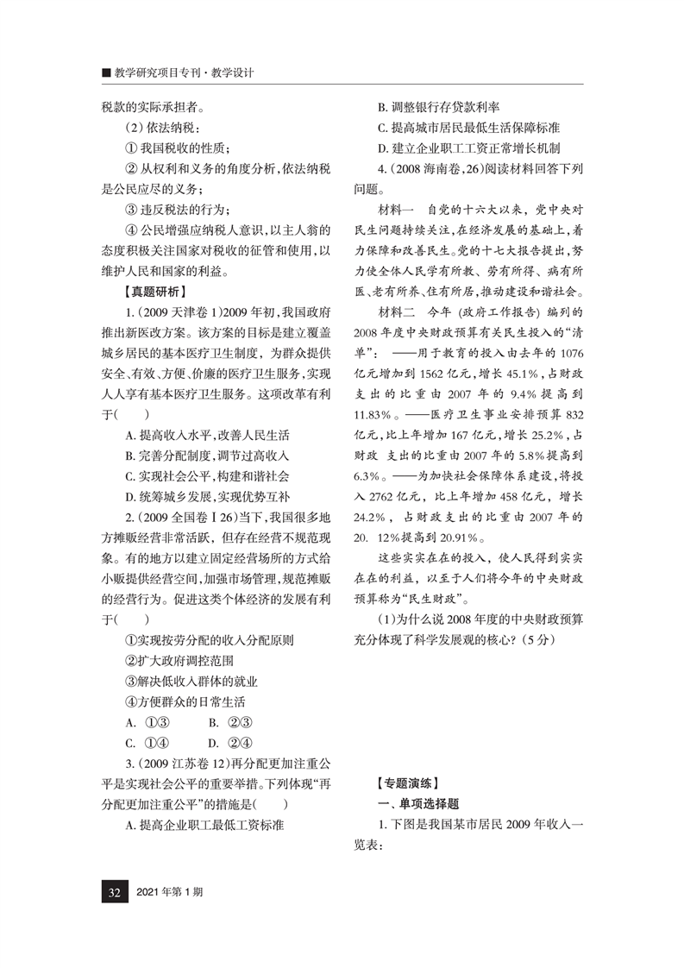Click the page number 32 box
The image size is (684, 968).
point(113,891)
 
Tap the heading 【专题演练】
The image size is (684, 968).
point(410,784)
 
